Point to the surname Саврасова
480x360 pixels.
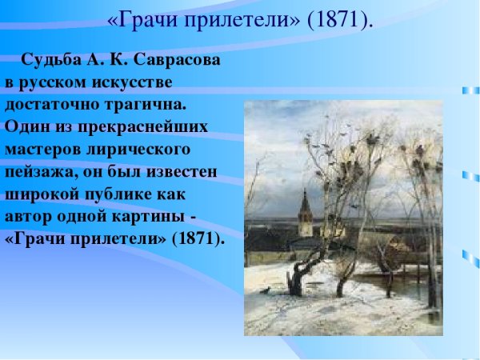click(177, 61)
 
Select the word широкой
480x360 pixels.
click(38, 194)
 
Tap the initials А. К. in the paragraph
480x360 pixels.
click(111, 61)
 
